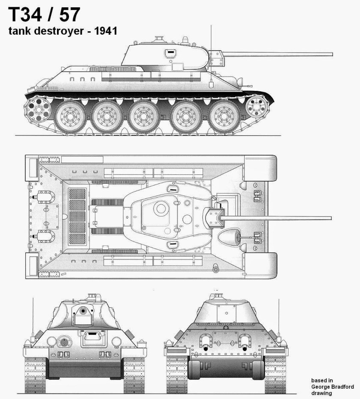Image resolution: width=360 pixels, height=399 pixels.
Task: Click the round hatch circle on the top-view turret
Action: (x=161, y=209)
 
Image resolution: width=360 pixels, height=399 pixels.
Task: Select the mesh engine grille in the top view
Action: (x=77, y=216)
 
